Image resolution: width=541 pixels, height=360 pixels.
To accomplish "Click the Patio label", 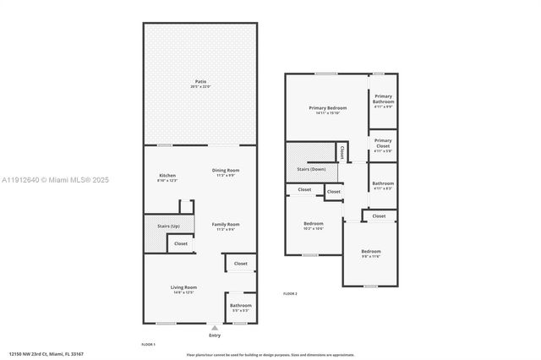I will [199, 82].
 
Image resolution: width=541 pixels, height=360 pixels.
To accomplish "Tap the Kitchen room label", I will [167, 177].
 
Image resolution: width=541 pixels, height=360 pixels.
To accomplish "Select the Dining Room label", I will [225, 172].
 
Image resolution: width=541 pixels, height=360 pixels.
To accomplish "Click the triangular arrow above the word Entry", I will [215, 327].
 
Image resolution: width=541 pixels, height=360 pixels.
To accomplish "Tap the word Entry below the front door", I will [215, 335].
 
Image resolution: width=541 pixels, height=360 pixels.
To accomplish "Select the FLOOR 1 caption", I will [148, 345].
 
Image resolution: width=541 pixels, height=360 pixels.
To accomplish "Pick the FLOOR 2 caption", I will [290, 293].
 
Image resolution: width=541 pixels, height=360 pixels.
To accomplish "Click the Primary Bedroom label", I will [326, 109].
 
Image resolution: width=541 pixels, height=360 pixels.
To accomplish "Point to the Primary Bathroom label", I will [383, 99].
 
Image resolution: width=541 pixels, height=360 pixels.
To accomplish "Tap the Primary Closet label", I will [383, 143].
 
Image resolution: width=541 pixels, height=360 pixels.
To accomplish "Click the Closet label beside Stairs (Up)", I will [181, 243].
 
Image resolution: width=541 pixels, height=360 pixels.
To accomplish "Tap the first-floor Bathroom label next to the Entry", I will [240, 307].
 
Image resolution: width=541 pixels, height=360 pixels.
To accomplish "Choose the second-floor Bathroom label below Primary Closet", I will [383, 185].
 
